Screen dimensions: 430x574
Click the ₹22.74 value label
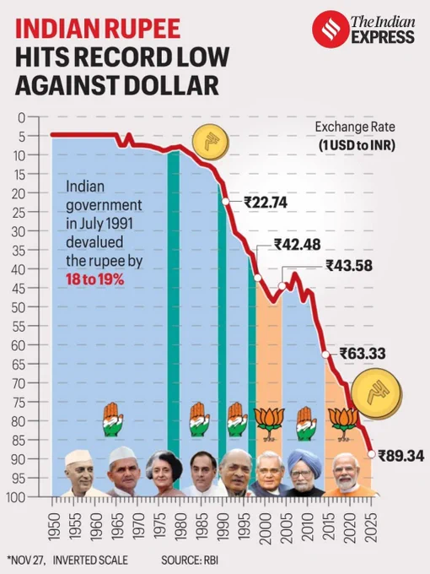(266, 202)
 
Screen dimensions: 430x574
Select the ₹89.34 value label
(401, 456)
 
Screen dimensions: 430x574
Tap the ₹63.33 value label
(363, 354)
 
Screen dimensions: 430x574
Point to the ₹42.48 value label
(298, 245)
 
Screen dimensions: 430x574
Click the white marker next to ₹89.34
(372, 454)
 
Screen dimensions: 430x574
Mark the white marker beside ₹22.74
(226, 201)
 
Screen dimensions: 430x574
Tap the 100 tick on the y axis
(16, 496)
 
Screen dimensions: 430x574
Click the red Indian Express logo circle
(329, 29)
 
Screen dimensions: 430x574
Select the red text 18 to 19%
(94, 280)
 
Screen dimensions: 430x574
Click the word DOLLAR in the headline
(171, 85)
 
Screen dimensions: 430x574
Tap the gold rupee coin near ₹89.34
(376, 394)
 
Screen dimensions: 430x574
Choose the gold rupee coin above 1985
(211, 142)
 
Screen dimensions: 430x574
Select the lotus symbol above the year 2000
(270, 424)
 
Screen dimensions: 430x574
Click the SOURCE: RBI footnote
(190, 560)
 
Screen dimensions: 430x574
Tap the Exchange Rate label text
(355, 127)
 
